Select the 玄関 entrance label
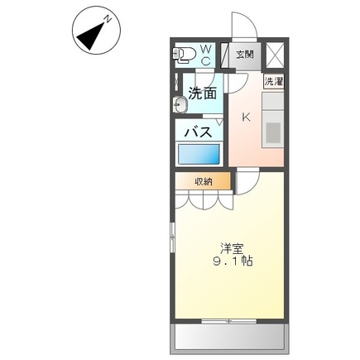(x=244, y=55)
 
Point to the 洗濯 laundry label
(x=273, y=82)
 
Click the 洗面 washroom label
(x=203, y=94)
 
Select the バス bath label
(x=198, y=131)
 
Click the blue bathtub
(x=199, y=155)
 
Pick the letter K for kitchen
(x=246, y=117)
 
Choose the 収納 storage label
(x=204, y=181)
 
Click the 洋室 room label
(x=232, y=247)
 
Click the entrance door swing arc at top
(x=242, y=26)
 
